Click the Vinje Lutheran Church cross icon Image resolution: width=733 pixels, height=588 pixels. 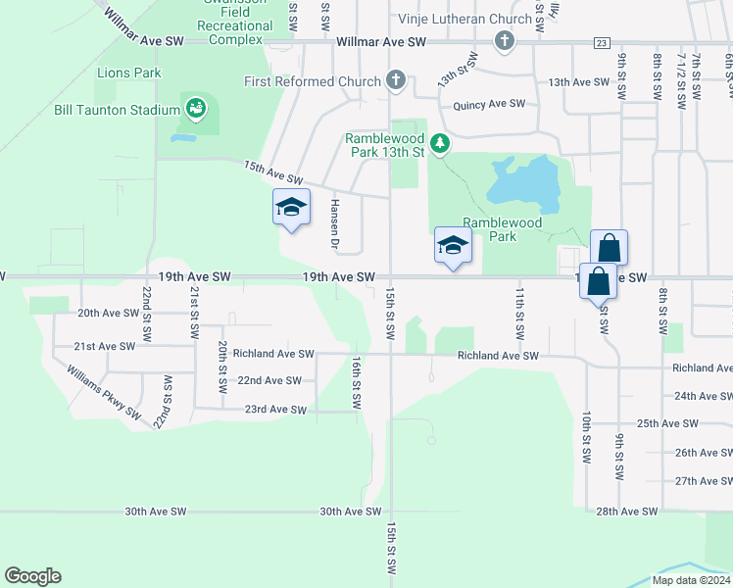504,41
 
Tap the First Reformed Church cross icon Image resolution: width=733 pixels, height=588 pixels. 395,80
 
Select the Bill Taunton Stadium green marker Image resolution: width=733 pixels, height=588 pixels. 195,109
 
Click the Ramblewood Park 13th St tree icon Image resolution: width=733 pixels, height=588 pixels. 440,144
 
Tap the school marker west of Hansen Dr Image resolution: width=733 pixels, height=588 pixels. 291,208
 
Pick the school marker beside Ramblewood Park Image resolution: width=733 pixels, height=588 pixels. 453,245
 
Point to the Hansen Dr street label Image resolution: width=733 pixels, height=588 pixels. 334,222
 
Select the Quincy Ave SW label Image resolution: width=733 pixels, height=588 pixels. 489,104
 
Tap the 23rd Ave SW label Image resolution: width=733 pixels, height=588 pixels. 275,410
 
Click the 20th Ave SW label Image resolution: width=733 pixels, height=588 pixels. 109,313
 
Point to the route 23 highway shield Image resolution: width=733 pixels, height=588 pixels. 602,42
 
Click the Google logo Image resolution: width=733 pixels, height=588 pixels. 32,576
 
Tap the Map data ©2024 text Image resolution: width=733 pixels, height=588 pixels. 691,580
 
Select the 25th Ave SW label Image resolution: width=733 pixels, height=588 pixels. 667,423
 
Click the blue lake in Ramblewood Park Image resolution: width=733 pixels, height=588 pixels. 524,182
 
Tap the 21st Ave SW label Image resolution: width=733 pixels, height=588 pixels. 105,346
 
